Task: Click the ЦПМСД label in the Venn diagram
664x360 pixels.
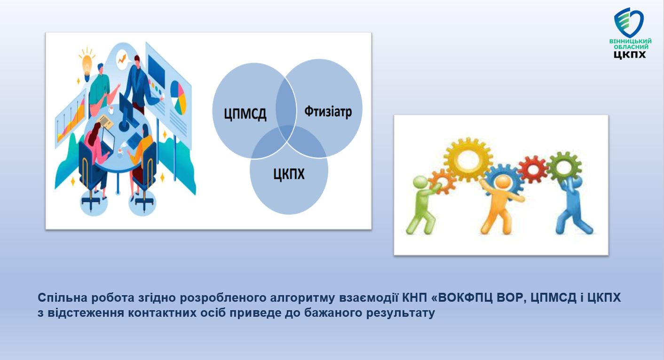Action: tap(245, 114)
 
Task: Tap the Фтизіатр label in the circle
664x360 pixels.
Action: tap(328, 112)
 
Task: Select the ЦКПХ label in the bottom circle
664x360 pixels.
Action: tap(289, 174)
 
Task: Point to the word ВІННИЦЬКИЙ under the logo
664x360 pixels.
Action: tap(631, 41)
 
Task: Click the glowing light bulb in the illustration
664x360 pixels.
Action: tap(87, 64)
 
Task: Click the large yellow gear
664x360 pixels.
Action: tap(468, 159)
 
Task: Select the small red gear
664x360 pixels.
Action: tap(533, 169)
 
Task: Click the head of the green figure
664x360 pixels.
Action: tap(420, 183)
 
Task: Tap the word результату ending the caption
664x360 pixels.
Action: tap(401, 313)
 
